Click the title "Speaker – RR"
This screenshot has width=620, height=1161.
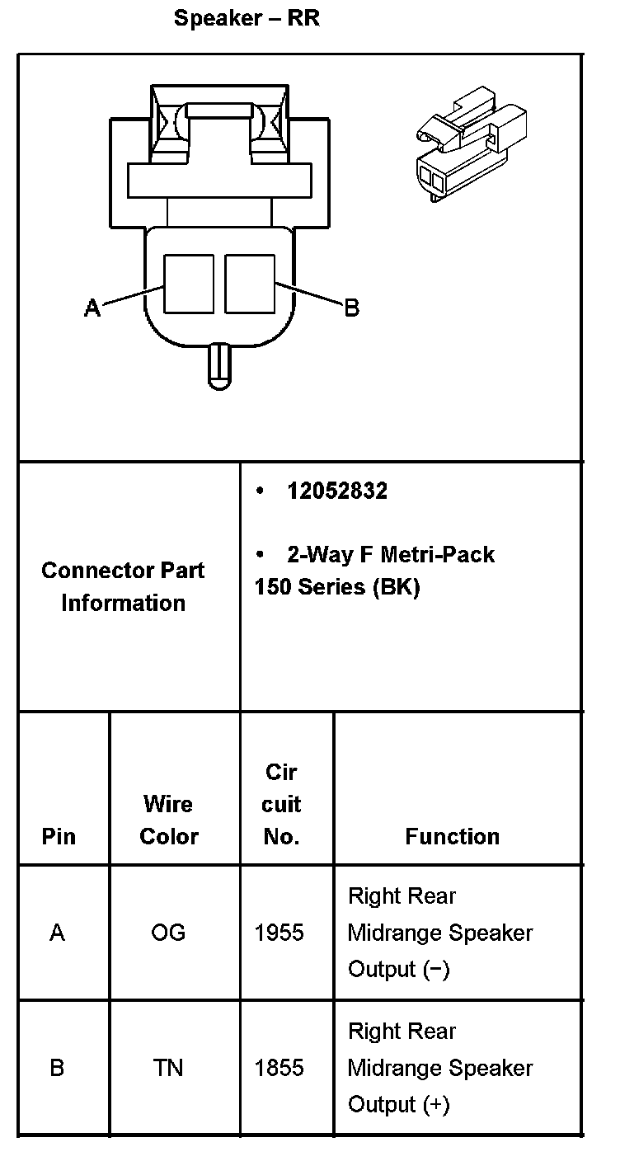(x=247, y=19)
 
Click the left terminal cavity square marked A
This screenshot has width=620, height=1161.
(x=189, y=284)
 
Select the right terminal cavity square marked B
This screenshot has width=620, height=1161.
(x=249, y=284)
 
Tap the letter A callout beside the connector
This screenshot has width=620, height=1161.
(x=93, y=308)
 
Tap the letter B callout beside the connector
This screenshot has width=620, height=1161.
(x=351, y=308)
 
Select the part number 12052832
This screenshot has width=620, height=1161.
(x=336, y=491)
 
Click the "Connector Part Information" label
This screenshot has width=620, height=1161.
(x=123, y=586)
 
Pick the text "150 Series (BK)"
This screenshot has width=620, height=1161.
(x=337, y=588)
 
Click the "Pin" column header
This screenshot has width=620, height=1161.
(x=59, y=836)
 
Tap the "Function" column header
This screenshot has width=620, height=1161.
(x=452, y=836)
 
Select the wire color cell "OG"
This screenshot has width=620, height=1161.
(x=168, y=933)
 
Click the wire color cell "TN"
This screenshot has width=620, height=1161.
(x=168, y=1068)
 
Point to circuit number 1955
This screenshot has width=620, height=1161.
(x=279, y=933)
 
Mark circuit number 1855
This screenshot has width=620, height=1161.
(x=279, y=1068)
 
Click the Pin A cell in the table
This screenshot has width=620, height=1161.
(x=57, y=933)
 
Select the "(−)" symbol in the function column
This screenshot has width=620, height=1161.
(x=435, y=969)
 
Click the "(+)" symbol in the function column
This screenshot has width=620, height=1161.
(x=435, y=1104)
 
